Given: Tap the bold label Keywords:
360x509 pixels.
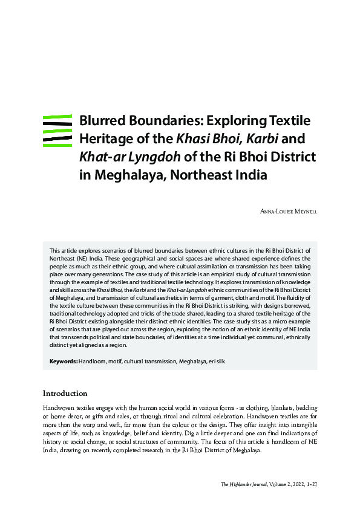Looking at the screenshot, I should (63, 361).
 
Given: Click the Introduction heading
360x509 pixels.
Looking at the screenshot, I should (65, 394).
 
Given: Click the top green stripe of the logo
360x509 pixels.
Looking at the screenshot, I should (58, 115).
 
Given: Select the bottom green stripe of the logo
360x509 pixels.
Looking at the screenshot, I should (58, 144).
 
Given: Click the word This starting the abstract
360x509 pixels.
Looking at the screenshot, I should (54, 249).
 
